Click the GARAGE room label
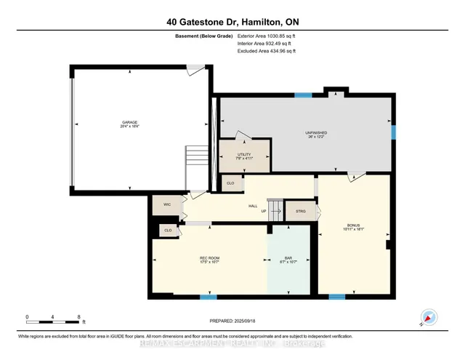129,122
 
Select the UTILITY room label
243,155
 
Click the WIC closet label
167,206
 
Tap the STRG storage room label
301,212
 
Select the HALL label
253,206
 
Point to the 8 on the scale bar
78,317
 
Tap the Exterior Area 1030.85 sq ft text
267,35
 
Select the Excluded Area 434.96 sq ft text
267,51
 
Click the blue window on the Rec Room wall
209,297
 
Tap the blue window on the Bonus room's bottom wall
336,297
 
